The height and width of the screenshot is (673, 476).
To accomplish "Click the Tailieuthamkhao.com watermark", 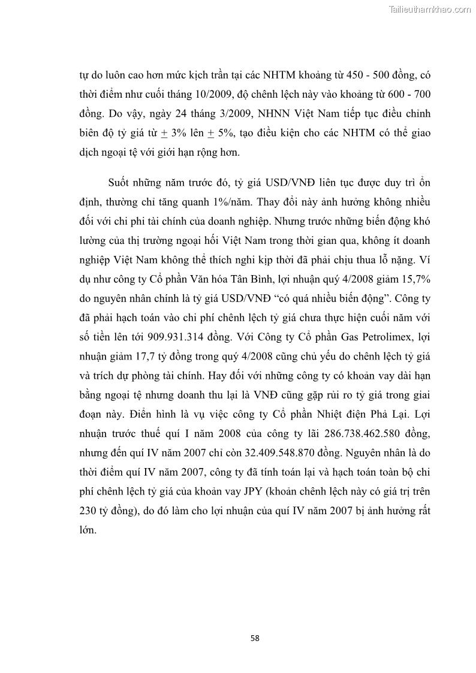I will point(430,10).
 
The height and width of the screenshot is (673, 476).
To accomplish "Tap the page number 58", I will point(255,638).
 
